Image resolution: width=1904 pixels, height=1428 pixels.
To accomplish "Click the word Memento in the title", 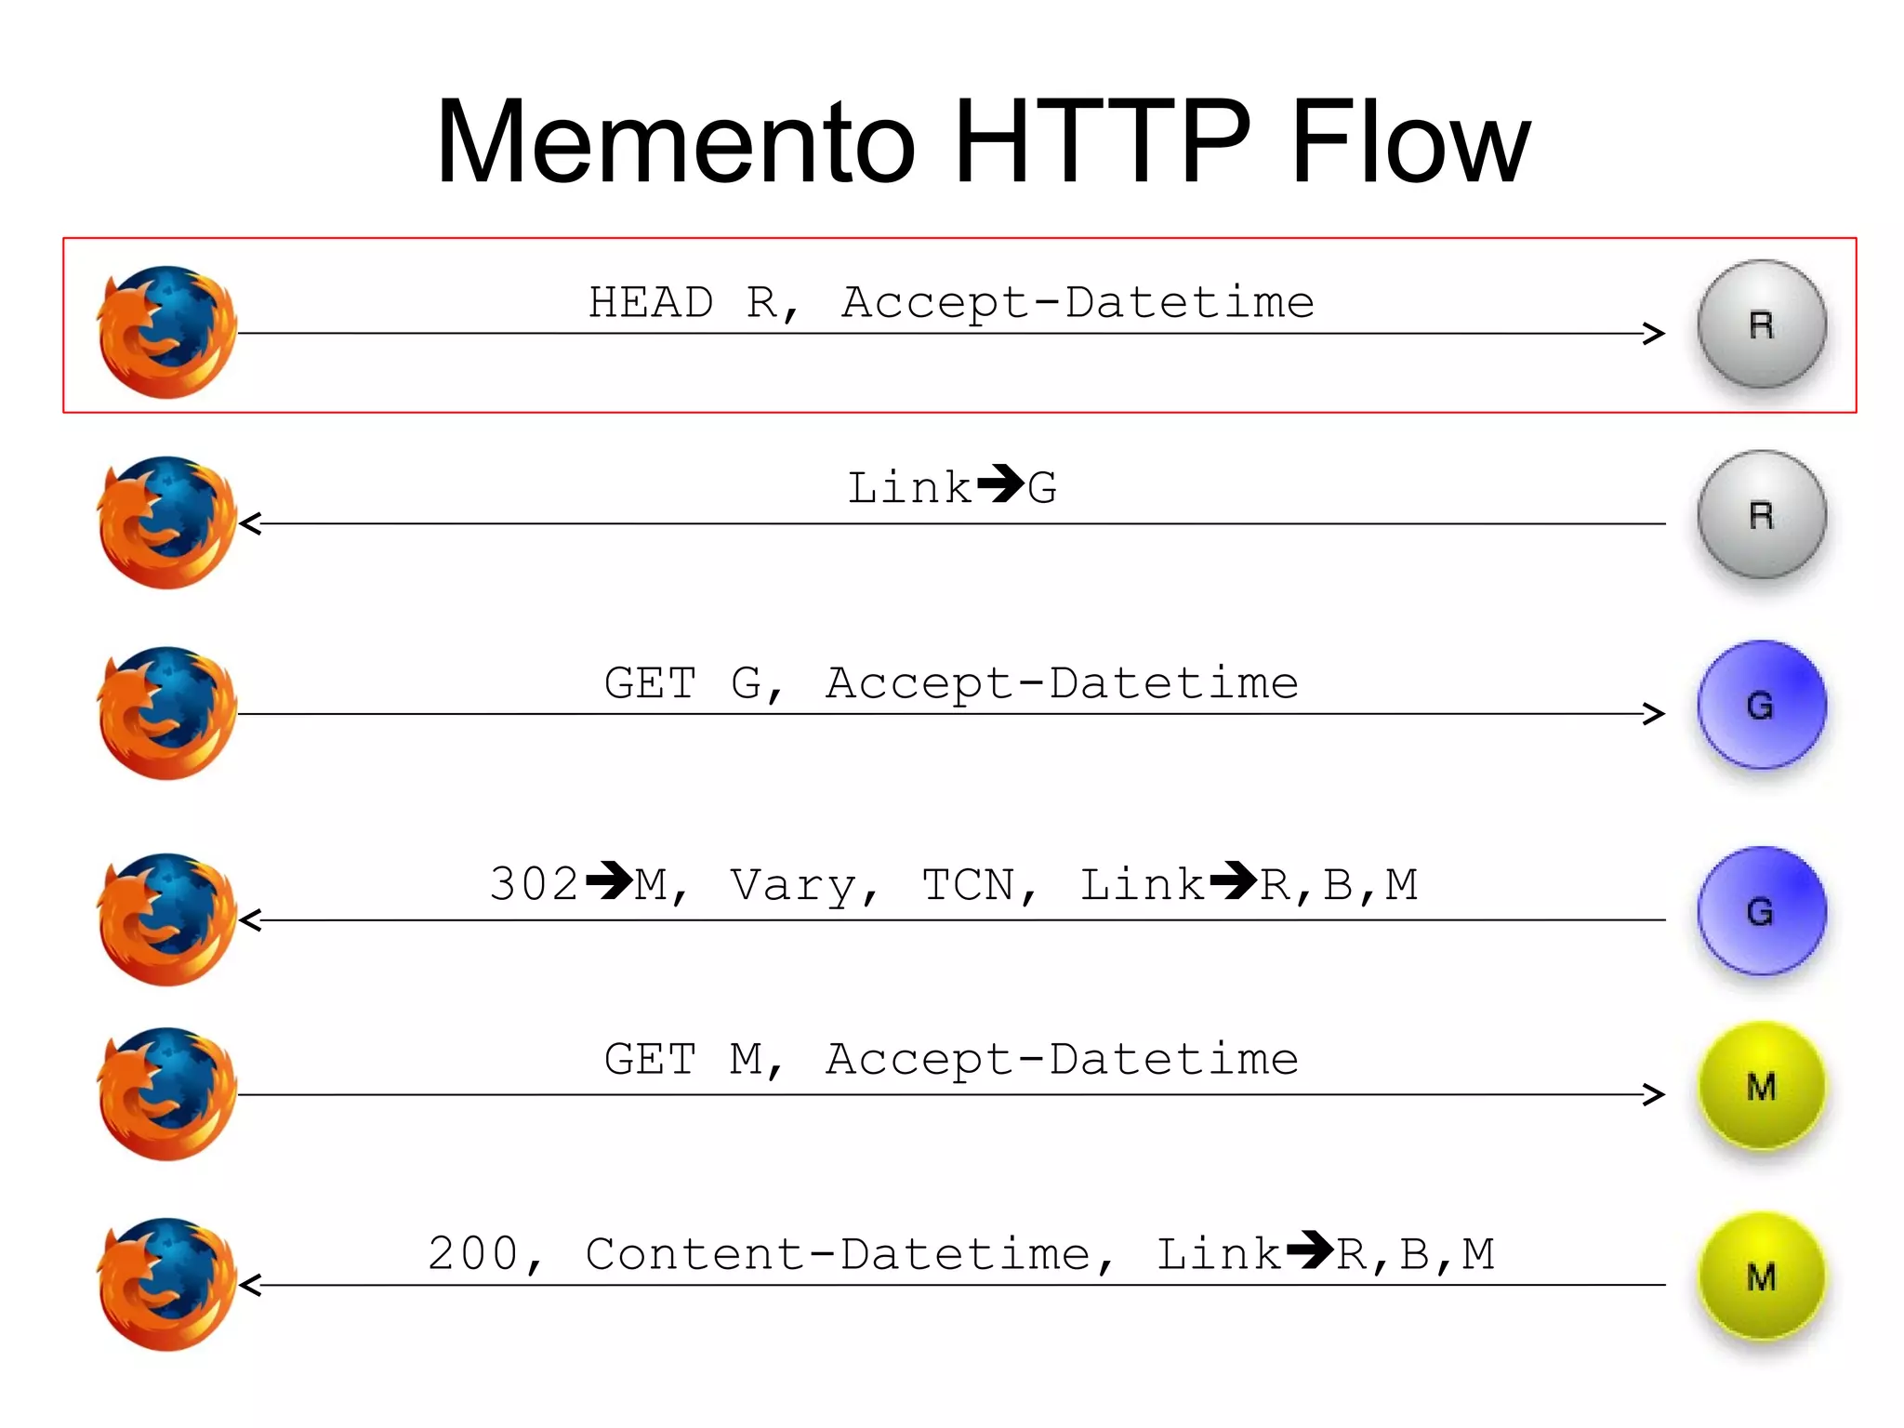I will pos(677,144).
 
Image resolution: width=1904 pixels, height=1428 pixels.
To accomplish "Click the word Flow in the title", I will pos(1409,144).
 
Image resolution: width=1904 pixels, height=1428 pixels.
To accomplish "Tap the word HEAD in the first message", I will pos(651,303).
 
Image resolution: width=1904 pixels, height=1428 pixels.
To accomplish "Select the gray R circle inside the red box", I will pos(1761,324).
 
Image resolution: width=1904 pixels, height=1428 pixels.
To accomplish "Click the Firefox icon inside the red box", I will pos(167,332).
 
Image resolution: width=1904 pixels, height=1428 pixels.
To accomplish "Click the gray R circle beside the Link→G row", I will pos(1761,515).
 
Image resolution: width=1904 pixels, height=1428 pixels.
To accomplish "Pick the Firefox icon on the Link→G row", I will pos(167,522).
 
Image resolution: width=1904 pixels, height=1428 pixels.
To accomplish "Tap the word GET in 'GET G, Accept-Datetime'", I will pos(650,684).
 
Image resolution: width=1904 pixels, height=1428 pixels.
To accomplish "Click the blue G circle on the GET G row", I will pos(1761,705).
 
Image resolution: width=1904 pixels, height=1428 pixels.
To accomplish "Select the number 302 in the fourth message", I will pos(534,884).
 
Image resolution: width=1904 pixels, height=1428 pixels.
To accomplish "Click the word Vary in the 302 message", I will pos(794,886).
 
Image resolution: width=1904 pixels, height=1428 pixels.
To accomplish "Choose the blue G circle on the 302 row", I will pos(1761,911).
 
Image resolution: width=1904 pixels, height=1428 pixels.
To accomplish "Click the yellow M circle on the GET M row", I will pos(1761,1086).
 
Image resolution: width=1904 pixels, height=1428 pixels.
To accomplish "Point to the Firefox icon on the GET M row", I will pos(167,1094).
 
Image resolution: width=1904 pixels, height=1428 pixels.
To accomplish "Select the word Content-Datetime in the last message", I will pos(838,1254).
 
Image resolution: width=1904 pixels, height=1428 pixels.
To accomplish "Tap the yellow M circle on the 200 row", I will pos(1761,1276).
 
